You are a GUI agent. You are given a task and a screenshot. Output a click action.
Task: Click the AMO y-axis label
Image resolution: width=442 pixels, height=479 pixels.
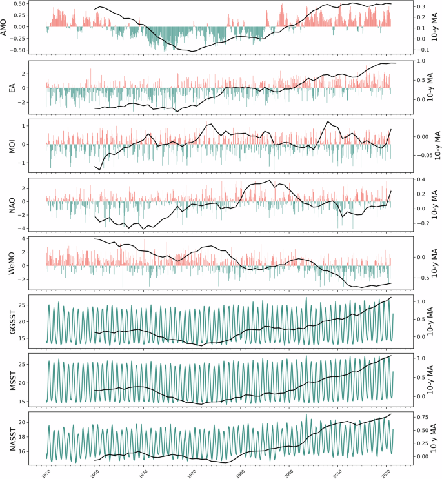[6, 28]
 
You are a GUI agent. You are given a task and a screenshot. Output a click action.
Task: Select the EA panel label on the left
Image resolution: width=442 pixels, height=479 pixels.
[11, 87]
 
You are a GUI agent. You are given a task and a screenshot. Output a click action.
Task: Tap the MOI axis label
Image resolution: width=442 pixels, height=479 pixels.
[11, 144]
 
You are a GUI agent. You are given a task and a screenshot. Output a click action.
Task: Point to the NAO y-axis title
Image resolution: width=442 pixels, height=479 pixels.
[11, 201]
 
